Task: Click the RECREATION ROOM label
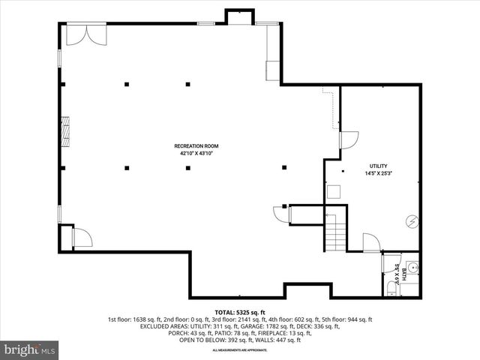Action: coord(196,145)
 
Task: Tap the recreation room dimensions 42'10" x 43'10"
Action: coord(196,153)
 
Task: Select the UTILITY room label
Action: coord(378,166)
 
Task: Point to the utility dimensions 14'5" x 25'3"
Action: coord(378,173)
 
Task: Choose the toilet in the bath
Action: coord(391,288)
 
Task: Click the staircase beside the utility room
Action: coord(335,231)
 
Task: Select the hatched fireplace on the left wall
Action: coord(67,130)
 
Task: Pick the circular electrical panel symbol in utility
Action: coord(411,221)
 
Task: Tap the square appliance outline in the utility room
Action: coord(333,191)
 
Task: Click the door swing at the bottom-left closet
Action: coord(81,238)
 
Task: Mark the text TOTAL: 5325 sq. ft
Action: coord(240,312)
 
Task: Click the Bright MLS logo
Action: coord(30,349)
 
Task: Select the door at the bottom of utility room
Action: coord(371,242)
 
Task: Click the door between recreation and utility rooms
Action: coord(349,139)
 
